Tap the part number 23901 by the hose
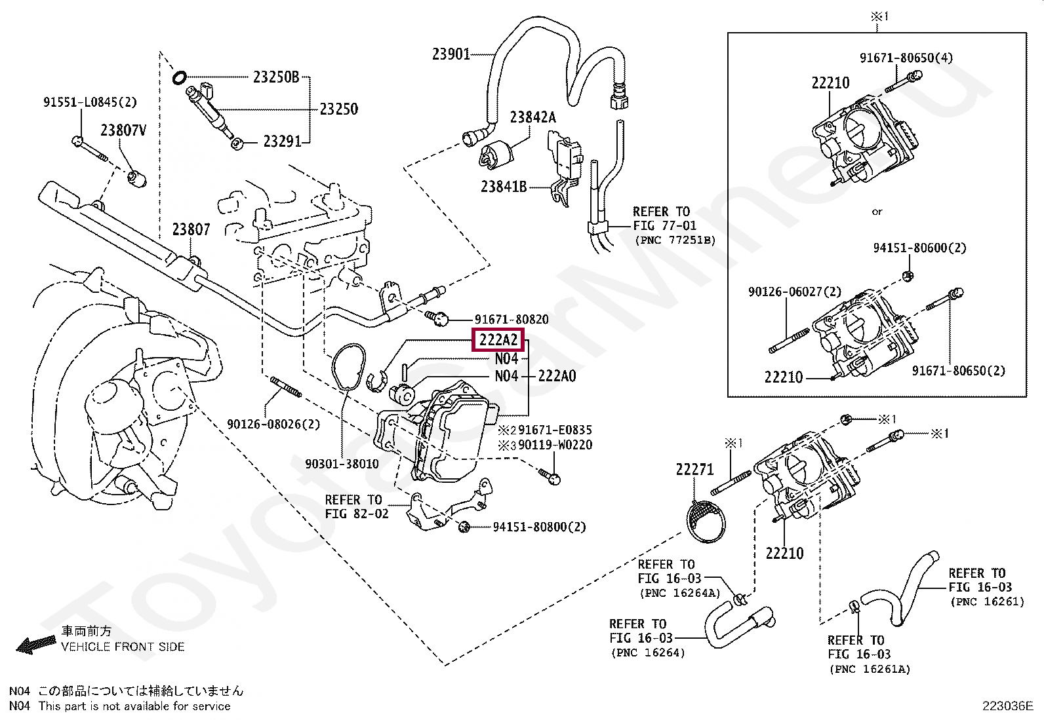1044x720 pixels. [451, 54]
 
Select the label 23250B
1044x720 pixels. [276, 77]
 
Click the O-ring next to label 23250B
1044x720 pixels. [180, 78]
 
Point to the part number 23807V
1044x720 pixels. [123, 130]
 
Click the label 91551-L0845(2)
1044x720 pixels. [90, 102]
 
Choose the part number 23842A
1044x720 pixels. [533, 117]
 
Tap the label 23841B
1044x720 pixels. [504, 187]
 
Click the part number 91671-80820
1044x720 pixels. [512, 320]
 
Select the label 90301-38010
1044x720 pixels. [342, 464]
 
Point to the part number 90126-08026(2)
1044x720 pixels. [273, 425]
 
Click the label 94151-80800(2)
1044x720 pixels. [539, 527]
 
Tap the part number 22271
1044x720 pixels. [695, 470]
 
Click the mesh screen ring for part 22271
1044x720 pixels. [706, 521]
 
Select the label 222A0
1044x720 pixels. [557, 376]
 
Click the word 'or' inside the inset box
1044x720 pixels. [877, 212]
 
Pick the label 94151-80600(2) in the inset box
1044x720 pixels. [920, 248]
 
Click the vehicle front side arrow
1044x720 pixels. [36, 645]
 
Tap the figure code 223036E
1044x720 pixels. [1008, 706]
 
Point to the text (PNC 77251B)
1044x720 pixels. [675, 240]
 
